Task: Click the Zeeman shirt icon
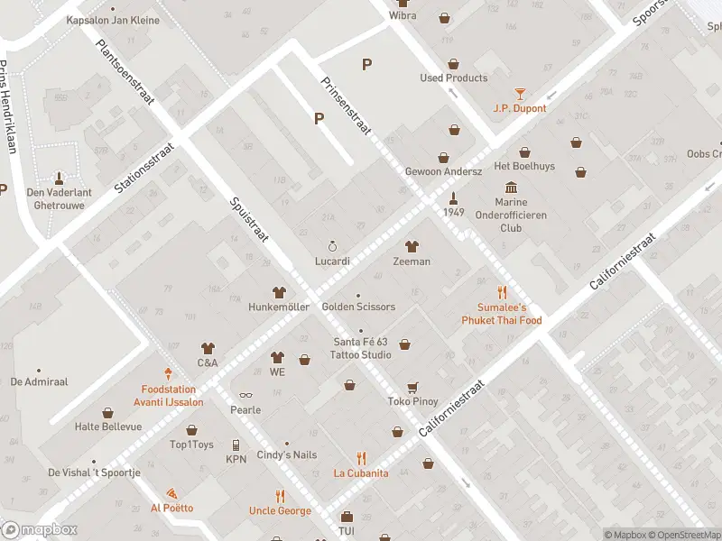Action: tap(412, 245)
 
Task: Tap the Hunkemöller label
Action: tap(279, 307)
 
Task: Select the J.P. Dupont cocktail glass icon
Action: tap(520, 93)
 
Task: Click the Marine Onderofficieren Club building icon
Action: tap(512, 187)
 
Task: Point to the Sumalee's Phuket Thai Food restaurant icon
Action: tap(502, 292)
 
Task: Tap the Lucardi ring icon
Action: tap(332, 245)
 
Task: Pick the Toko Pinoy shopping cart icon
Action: tap(412, 387)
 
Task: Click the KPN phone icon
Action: tap(236, 445)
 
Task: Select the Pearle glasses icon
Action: tap(245, 395)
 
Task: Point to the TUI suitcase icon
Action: tap(347, 517)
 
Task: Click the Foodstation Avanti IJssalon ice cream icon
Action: tap(168, 372)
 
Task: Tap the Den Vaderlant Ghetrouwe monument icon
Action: tap(60, 177)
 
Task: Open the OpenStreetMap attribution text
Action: tap(682, 535)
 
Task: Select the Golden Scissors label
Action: tap(358, 307)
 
